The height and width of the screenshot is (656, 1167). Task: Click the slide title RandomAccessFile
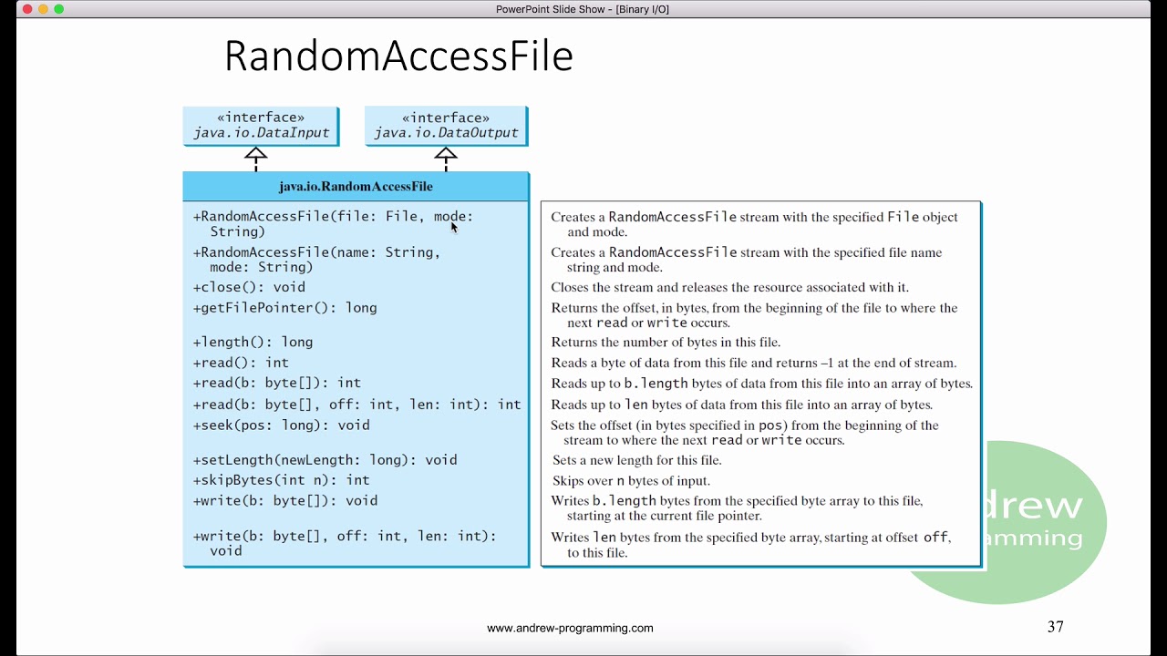coord(398,56)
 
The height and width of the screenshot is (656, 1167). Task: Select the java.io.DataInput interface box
coord(261,126)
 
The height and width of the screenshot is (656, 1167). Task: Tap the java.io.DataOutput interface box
coord(446,126)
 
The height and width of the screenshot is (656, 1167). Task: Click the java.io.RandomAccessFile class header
coord(356,186)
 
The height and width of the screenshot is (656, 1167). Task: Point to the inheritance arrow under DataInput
coord(256,156)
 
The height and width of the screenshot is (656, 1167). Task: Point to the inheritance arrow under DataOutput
coord(446,156)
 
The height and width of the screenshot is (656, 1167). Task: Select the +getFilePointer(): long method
coord(284,308)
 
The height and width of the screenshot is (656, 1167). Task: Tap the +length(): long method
coord(253,343)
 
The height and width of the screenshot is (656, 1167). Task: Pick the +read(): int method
coord(241,363)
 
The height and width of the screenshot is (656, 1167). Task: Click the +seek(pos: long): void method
coord(281,425)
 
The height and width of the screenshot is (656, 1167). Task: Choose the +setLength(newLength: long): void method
coord(325,460)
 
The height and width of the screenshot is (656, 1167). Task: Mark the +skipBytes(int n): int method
coord(281,480)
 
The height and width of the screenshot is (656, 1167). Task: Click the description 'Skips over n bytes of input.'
coord(631,481)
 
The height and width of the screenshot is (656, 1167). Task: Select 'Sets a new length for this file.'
coord(636,460)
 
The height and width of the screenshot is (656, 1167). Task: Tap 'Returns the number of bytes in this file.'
coord(666,343)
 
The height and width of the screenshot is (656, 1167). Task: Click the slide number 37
coord(1056,627)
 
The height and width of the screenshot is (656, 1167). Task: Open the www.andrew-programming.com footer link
coord(570,628)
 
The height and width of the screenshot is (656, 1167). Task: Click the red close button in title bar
coord(26,9)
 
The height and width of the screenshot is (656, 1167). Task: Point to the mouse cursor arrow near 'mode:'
coord(454,227)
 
